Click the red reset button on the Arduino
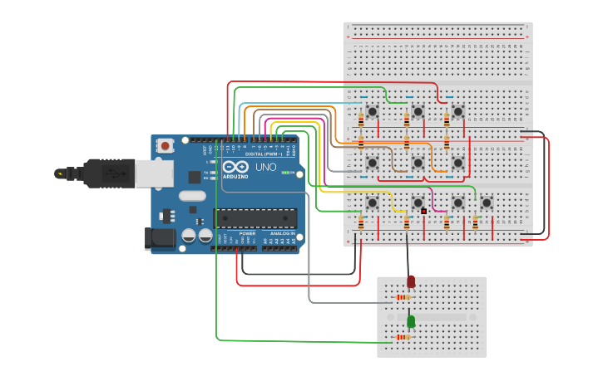click(x=165, y=146)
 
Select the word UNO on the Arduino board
click(x=265, y=167)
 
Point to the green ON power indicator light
click(x=287, y=173)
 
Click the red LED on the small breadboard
click(x=411, y=282)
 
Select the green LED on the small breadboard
click(x=411, y=320)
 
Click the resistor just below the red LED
click(x=403, y=297)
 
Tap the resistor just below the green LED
click(x=404, y=337)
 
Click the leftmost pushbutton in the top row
click(x=373, y=110)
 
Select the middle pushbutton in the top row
click(x=418, y=110)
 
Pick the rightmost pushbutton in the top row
click(x=457, y=110)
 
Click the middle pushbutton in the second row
click(x=418, y=163)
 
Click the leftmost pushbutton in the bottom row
click(x=373, y=202)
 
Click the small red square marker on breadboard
click(x=423, y=212)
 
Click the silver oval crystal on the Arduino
click(x=191, y=198)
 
